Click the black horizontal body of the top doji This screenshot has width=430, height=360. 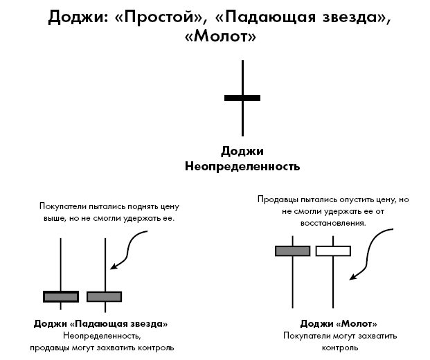coord(242,98)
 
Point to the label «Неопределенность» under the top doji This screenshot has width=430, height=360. coord(242,166)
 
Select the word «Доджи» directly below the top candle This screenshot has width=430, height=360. coord(242,152)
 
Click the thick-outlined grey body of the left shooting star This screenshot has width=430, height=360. coord(61,296)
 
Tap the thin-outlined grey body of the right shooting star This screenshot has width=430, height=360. coord(105,296)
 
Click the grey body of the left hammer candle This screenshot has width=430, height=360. coord(292,251)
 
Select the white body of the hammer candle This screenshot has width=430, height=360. coord(333,251)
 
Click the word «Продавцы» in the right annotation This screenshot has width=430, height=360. coord(278,199)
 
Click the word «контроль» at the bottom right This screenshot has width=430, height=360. coord(339,347)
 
